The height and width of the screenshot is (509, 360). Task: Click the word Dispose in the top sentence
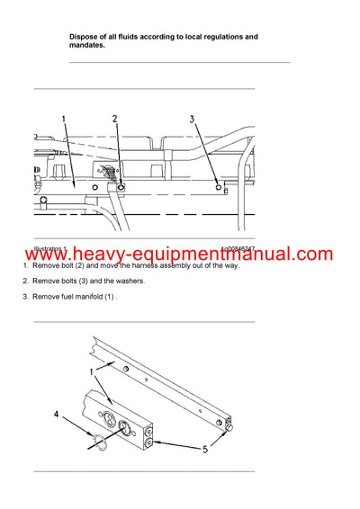(84, 37)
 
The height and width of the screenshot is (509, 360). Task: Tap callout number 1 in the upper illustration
(64, 119)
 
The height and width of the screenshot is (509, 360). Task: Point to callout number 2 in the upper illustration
(114, 119)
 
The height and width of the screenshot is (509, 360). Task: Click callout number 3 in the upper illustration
(192, 119)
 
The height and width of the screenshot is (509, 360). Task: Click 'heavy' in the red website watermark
(97, 254)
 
